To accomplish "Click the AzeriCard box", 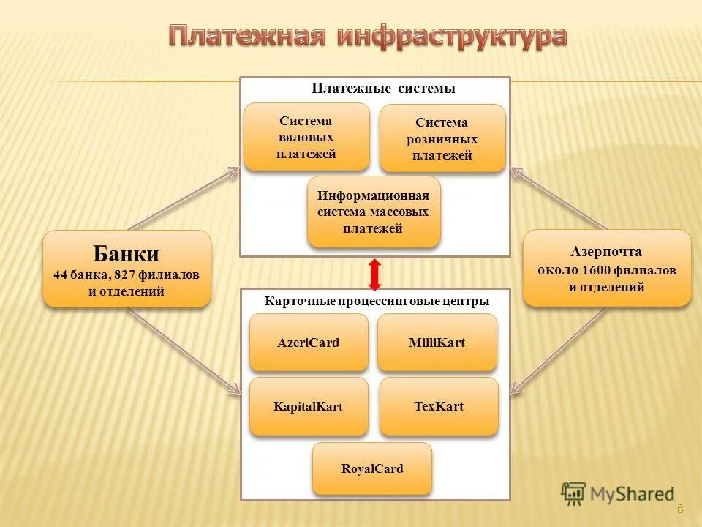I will [309, 343].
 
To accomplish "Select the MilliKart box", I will [437, 343].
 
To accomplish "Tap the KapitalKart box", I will [309, 407].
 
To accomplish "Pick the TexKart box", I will [439, 407].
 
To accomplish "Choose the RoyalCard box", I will [371, 469].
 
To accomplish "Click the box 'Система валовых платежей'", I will [306, 137].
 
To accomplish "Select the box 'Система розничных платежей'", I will [442, 138].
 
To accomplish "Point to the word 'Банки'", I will [126, 254].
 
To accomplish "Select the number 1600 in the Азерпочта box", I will [596, 270].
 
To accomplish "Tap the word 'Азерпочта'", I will [606, 252].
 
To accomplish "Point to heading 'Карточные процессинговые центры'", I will [377, 301].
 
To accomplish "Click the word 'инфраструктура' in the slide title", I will [451, 37].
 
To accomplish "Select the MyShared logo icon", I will [574, 494].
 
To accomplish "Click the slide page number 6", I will [679, 509].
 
